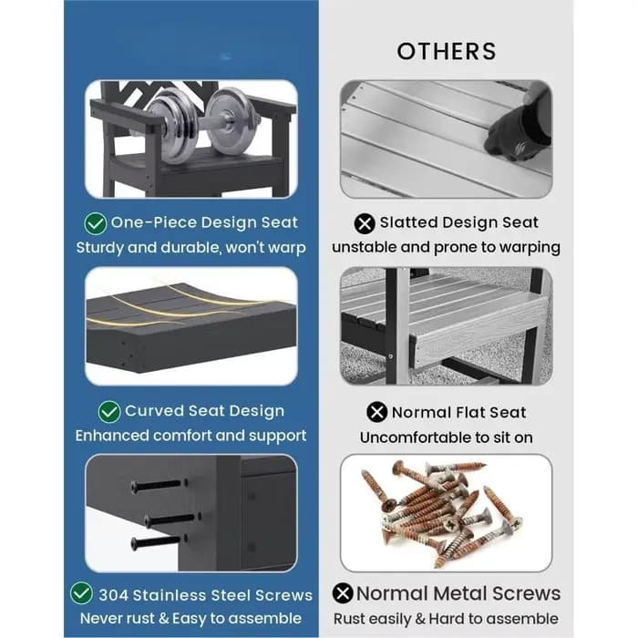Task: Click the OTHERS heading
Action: (x=447, y=51)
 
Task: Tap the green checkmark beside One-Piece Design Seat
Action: (x=96, y=223)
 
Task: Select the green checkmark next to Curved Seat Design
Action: (x=109, y=412)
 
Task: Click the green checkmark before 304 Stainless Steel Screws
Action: (x=81, y=592)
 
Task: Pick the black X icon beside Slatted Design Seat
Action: (x=365, y=223)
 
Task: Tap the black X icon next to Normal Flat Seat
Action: (x=376, y=412)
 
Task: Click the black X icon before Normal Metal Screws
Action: (x=343, y=592)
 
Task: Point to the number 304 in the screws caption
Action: (x=114, y=595)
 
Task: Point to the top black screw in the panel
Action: (x=157, y=486)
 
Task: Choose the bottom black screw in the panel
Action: (x=156, y=542)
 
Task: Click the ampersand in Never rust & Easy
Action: (x=163, y=619)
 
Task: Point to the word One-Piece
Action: (x=154, y=222)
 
